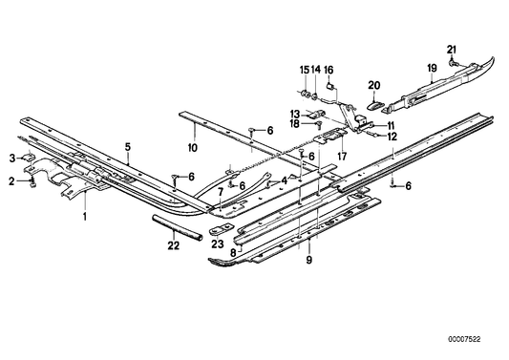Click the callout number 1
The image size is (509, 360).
[85, 217]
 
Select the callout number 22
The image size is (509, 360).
[174, 245]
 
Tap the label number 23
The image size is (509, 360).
[218, 244]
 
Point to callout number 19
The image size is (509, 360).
[432, 68]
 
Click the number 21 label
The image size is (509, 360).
[452, 50]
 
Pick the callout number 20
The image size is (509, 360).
[374, 85]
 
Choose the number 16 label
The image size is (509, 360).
[329, 70]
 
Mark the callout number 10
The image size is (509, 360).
[193, 148]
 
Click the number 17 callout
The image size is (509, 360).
[342, 157]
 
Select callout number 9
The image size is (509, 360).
[308, 260]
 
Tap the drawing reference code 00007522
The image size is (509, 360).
[464, 340]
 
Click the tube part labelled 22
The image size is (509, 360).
[178, 227]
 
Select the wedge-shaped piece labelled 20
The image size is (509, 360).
[375, 105]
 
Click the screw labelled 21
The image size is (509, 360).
[453, 63]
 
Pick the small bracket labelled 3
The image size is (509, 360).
[28, 158]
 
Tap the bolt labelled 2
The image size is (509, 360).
[32, 182]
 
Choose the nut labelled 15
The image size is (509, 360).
[306, 94]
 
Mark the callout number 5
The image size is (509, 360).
[128, 147]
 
